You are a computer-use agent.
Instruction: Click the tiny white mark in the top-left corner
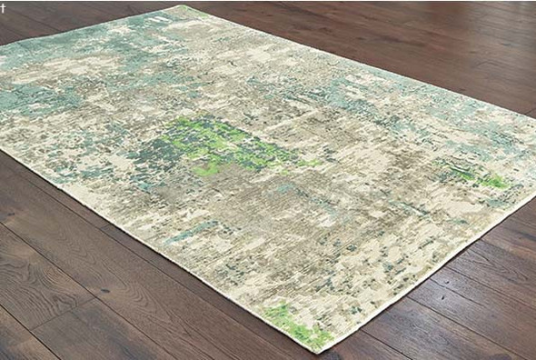click(3, 4)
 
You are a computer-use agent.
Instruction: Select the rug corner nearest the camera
click(323, 354)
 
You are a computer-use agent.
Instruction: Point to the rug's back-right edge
click(363, 60)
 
